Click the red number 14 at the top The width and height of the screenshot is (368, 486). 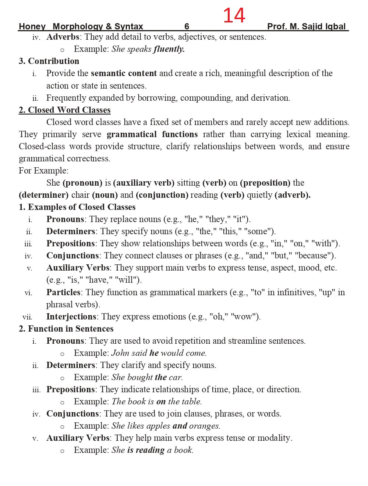click(234, 16)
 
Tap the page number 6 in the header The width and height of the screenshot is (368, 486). click(187, 26)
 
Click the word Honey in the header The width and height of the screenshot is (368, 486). click(32, 26)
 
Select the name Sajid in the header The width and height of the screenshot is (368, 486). click(314, 26)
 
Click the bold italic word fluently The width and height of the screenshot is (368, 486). click(169, 49)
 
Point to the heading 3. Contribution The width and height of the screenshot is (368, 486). click(49, 61)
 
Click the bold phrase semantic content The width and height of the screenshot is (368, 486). click(124, 73)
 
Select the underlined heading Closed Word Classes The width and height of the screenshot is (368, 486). click(65, 110)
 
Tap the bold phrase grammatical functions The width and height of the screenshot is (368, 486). click(152, 134)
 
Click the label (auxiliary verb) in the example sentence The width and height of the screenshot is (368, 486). click(144, 183)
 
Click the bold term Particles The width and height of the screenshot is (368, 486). click(63, 292)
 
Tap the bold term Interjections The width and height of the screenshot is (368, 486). click(71, 317)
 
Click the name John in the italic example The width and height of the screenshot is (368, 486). click(120, 353)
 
